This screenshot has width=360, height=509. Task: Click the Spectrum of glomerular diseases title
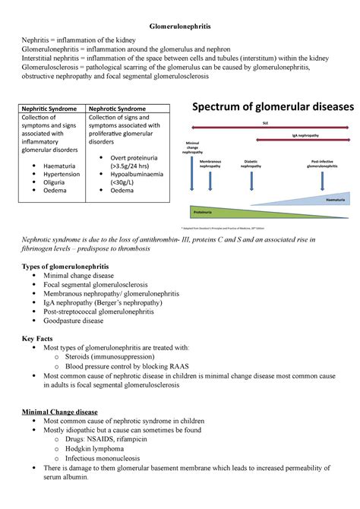click(x=273, y=108)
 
